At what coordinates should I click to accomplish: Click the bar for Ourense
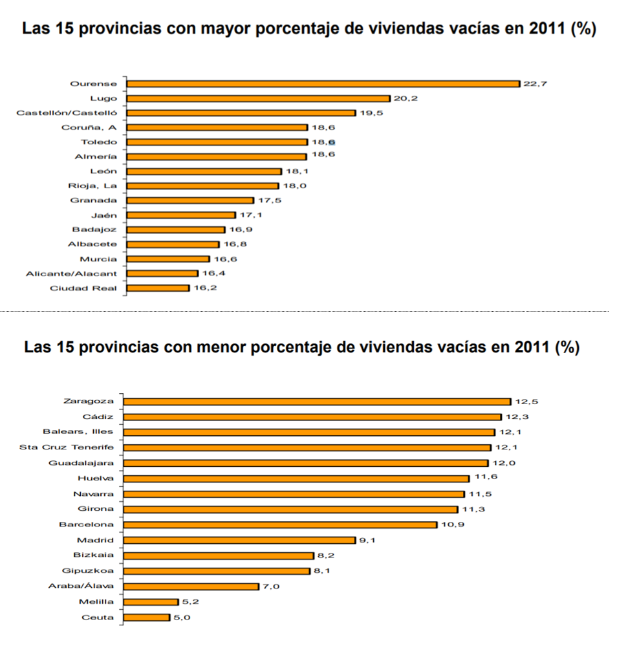pyautogui.click(x=323, y=83)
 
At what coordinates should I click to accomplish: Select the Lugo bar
pyautogui.click(x=259, y=98)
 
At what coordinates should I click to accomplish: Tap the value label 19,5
pyautogui.click(x=371, y=113)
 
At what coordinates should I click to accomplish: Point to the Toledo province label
pyautogui.click(x=99, y=142)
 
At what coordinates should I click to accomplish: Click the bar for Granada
pyautogui.click(x=190, y=200)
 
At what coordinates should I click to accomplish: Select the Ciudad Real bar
pyautogui.click(x=158, y=288)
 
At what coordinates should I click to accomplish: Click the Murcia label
pyautogui.click(x=103, y=259)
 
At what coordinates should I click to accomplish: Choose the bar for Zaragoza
pyautogui.click(x=317, y=402)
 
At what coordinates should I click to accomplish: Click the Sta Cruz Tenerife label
pyautogui.click(x=67, y=447)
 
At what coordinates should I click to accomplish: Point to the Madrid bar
pyautogui.click(x=239, y=540)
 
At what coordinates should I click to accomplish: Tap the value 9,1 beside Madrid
pyautogui.click(x=366, y=540)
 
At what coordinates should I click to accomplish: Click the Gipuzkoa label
pyautogui.click(x=87, y=570)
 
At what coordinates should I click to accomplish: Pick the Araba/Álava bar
pyautogui.click(x=191, y=586)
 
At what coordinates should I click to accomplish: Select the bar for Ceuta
pyautogui.click(x=147, y=617)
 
